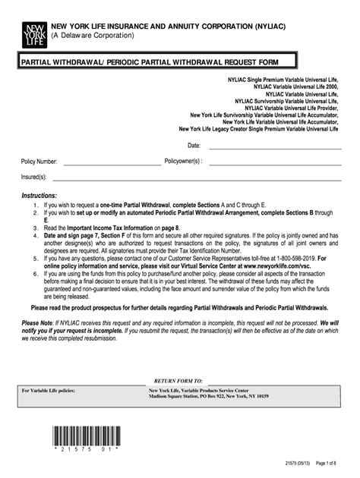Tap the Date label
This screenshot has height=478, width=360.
194,145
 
